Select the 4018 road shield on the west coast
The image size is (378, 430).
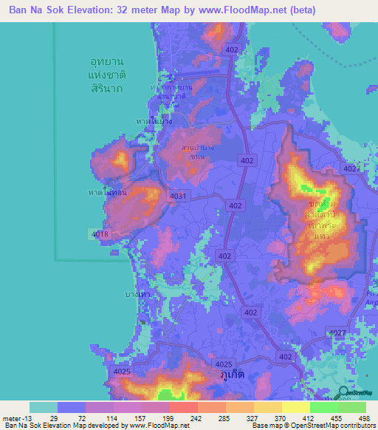(x=100, y=234)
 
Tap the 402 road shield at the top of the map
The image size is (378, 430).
(x=232, y=49)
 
